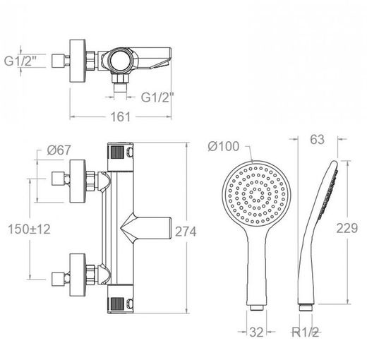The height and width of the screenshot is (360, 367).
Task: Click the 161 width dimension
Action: pyautogui.click(x=121, y=116)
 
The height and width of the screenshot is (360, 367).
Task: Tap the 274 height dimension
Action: pyautogui.click(x=186, y=232)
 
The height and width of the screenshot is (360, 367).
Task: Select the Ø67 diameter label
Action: pyautogui.click(x=59, y=150)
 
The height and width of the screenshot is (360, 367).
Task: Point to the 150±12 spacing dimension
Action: pyautogui.click(x=29, y=229)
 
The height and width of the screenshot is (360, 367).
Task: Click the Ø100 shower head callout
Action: pyautogui.click(x=224, y=146)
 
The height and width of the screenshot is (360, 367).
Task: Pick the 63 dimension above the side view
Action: pyautogui.click(x=317, y=139)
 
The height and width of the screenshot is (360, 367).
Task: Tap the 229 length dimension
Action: pyautogui.click(x=347, y=228)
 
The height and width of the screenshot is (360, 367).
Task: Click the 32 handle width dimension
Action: pyautogui.click(x=256, y=332)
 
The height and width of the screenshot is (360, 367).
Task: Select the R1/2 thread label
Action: pyautogui.click(x=305, y=332)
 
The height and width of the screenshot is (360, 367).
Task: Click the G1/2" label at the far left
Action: pyautogui.click(x=20, y=61)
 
